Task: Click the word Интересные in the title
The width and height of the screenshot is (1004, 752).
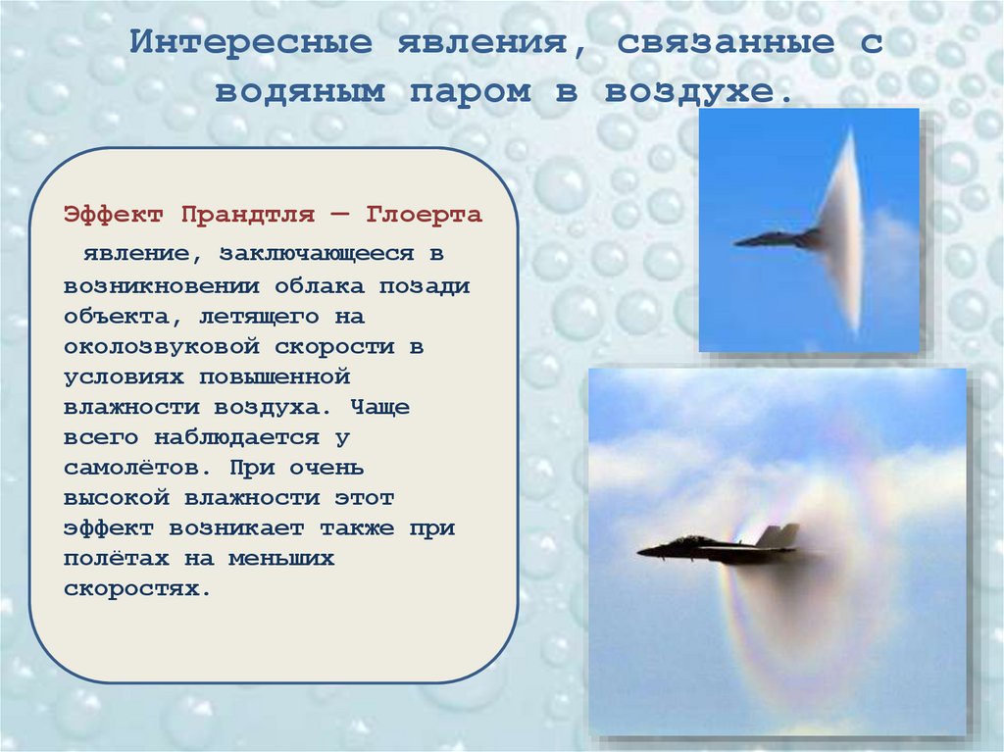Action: (x=253, y=44)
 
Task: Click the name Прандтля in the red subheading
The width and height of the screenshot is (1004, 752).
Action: (x=261, y=214)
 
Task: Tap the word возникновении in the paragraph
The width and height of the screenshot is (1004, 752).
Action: (x=161, y=286)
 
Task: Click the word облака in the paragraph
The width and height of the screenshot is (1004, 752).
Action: (x=322, y=286)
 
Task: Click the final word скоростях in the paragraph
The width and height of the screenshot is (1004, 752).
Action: (x=136, y=590)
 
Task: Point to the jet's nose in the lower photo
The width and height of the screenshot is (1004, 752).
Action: (x=643, y=552)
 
